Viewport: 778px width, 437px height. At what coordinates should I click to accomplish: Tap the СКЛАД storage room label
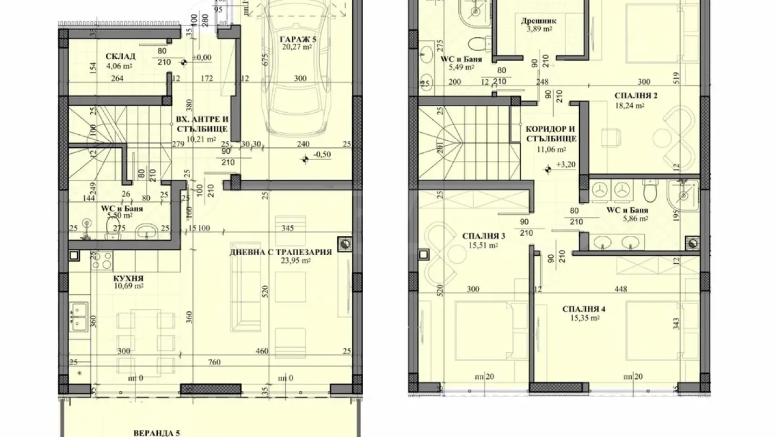point(120,56)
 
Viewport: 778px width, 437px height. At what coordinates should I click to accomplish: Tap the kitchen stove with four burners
point(102,260)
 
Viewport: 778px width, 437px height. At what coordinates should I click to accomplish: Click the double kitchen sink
point(79,317)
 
